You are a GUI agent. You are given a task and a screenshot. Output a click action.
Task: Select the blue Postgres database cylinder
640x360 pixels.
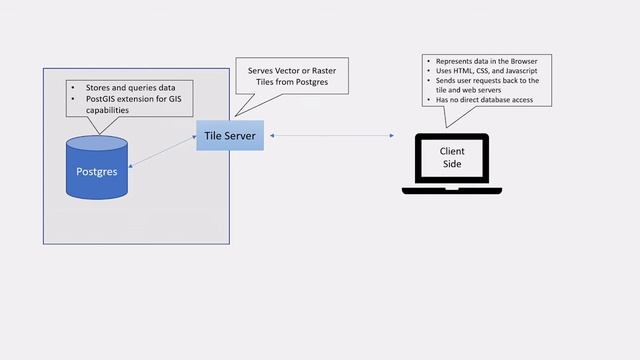pyautogui.click(x=97, y=168)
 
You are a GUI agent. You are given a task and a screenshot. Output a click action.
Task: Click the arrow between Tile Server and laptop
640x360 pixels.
pyautogui.click(x=331, y=134)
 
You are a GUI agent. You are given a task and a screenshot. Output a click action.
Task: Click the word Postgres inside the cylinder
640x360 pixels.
pyautogui.click(x=97, y=171)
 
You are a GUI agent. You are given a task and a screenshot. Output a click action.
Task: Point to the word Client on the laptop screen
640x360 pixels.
pyautogui.click(x=453, y=151)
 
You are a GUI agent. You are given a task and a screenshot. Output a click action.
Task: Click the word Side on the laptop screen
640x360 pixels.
pyautogui.click(x=453, y=164)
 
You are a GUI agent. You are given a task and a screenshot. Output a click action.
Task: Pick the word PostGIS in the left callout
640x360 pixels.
pyautogui.click(x=97, y=98)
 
